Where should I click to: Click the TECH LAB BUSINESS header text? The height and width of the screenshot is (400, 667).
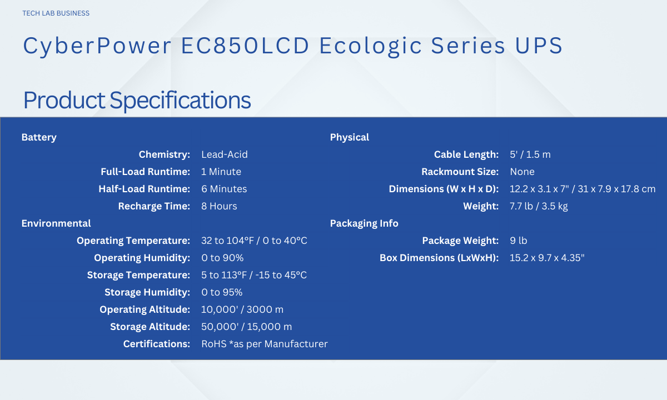(x=56, y=13)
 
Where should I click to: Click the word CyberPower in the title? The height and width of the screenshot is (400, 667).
(x=97, y=46)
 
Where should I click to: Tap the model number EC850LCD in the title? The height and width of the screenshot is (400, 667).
(x=245, y=46)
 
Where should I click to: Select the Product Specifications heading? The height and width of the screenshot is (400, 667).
(x=137, y=101)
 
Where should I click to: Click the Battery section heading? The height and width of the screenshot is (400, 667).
(x=39, y=138)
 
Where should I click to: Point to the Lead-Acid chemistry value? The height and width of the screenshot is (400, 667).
(x=225, y=154)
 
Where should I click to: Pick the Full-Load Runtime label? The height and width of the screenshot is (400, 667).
(x=145, y=172)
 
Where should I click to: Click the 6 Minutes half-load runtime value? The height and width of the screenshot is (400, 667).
(x=224, y=189)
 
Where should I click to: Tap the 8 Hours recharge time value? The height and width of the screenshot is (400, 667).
(x=219, y=206)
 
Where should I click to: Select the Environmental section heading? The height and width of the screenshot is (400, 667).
(x=56, y=223)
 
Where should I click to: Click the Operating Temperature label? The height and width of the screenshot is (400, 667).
(x=133, y=241)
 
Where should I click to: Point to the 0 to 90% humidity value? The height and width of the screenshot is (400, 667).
(x=222, y=258)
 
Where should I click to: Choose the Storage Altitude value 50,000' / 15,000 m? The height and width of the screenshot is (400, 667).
(x=247, y=327)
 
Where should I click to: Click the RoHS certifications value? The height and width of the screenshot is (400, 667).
(x=265, y=344)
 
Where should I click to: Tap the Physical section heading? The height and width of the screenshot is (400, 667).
(x=350, y=138)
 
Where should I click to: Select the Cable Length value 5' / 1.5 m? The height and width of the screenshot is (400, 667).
(x=530, y=154)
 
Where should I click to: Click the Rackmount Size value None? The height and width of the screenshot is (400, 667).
(x=522, y=172)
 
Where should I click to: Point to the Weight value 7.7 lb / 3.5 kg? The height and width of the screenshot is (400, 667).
(x=539, y=206)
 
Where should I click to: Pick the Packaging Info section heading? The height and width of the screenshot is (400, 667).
(x=364, y=223)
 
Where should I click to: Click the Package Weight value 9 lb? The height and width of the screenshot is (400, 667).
(x=519, y=241)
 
